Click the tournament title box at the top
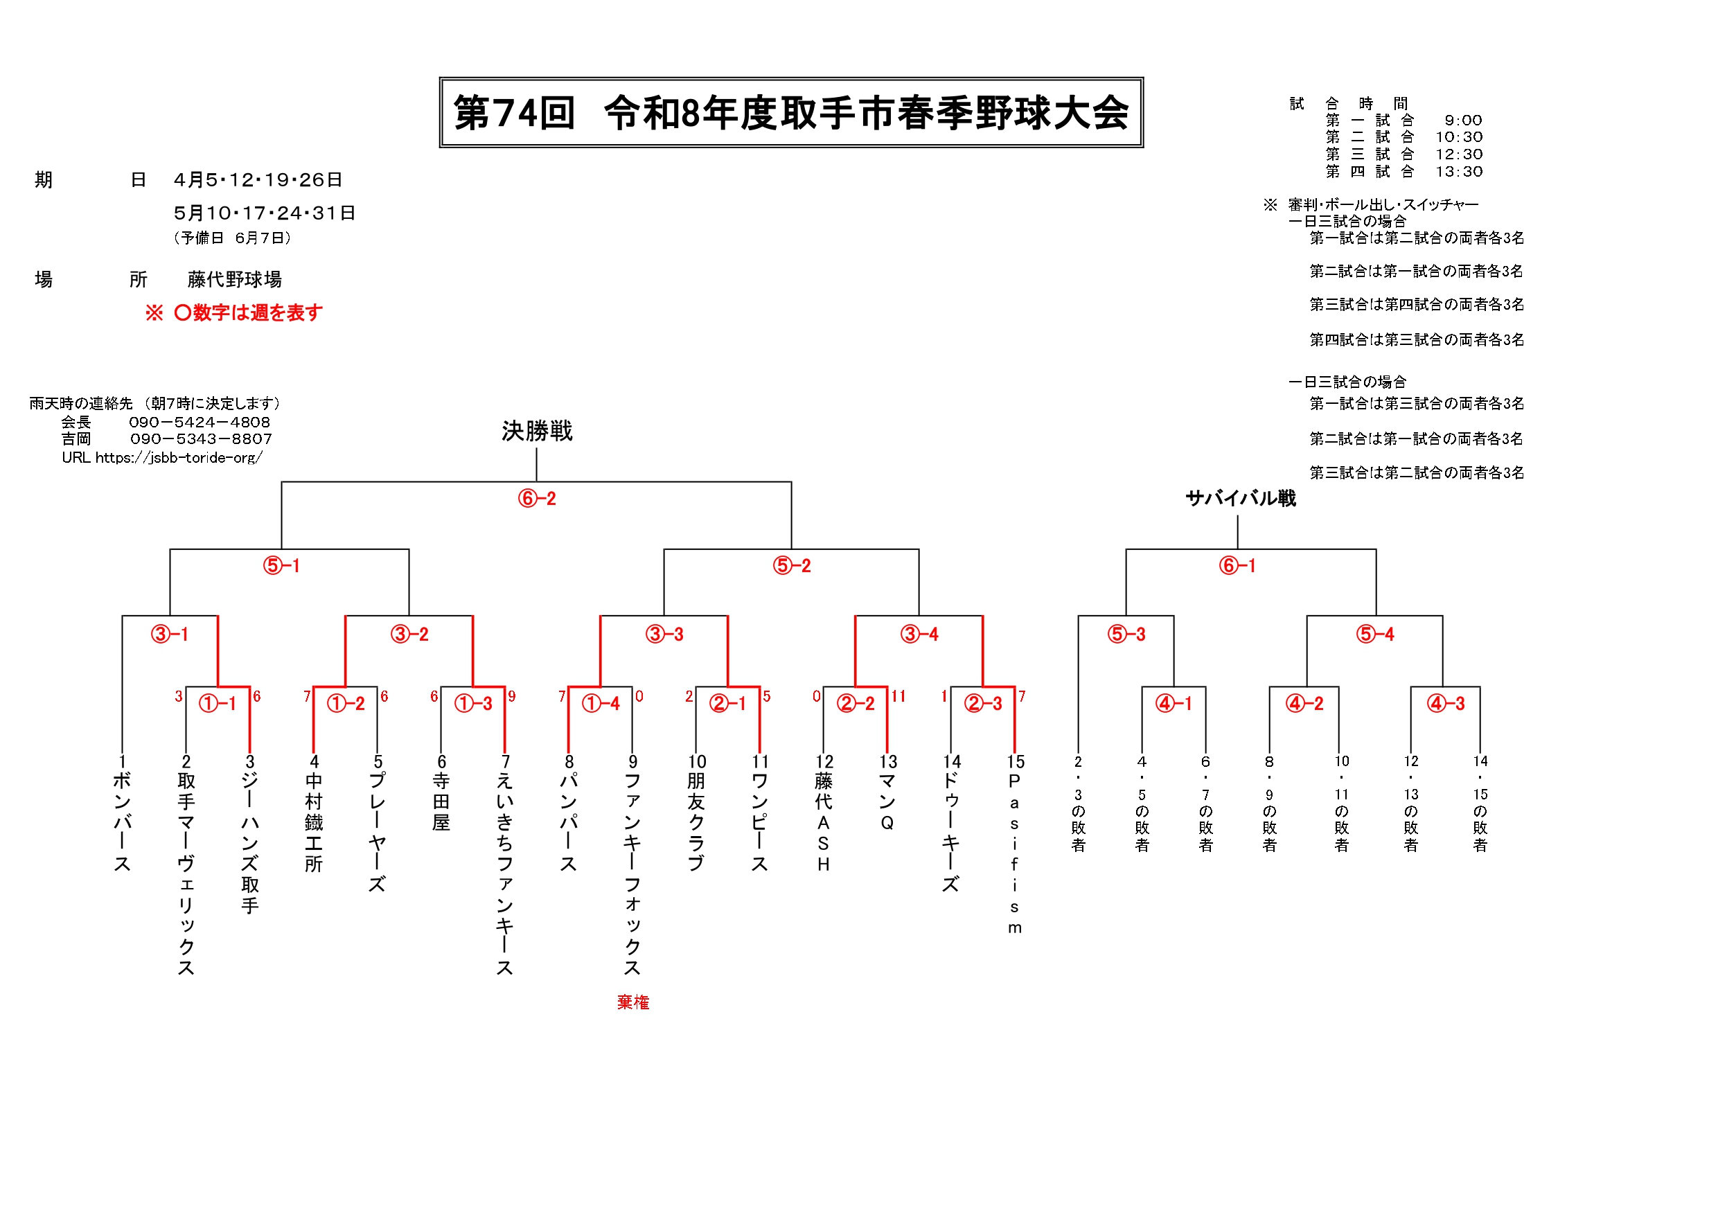[x=791, y=112]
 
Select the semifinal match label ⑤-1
[x=281, y=566]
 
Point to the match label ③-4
[x=919, y=635]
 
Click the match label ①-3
[x=473, y=703]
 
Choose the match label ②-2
[x=856, y=703]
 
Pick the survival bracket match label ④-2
[x=1304, y=703]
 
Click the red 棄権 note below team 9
[x=633, y=1002]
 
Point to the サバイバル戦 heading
[x=1241, y=498]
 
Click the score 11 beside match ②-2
[x=898, y=697]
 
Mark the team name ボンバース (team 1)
[x=122, y=822]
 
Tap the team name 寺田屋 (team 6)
[x=441, y=802]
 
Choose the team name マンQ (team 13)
[x=887, y=802]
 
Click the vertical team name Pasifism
[x=1015, y=853]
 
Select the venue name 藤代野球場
[x=234, y=280]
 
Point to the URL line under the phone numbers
[x=161, y=457]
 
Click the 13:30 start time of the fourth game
[x=1458, y=171]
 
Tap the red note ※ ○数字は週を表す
[x=234, y=312]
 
